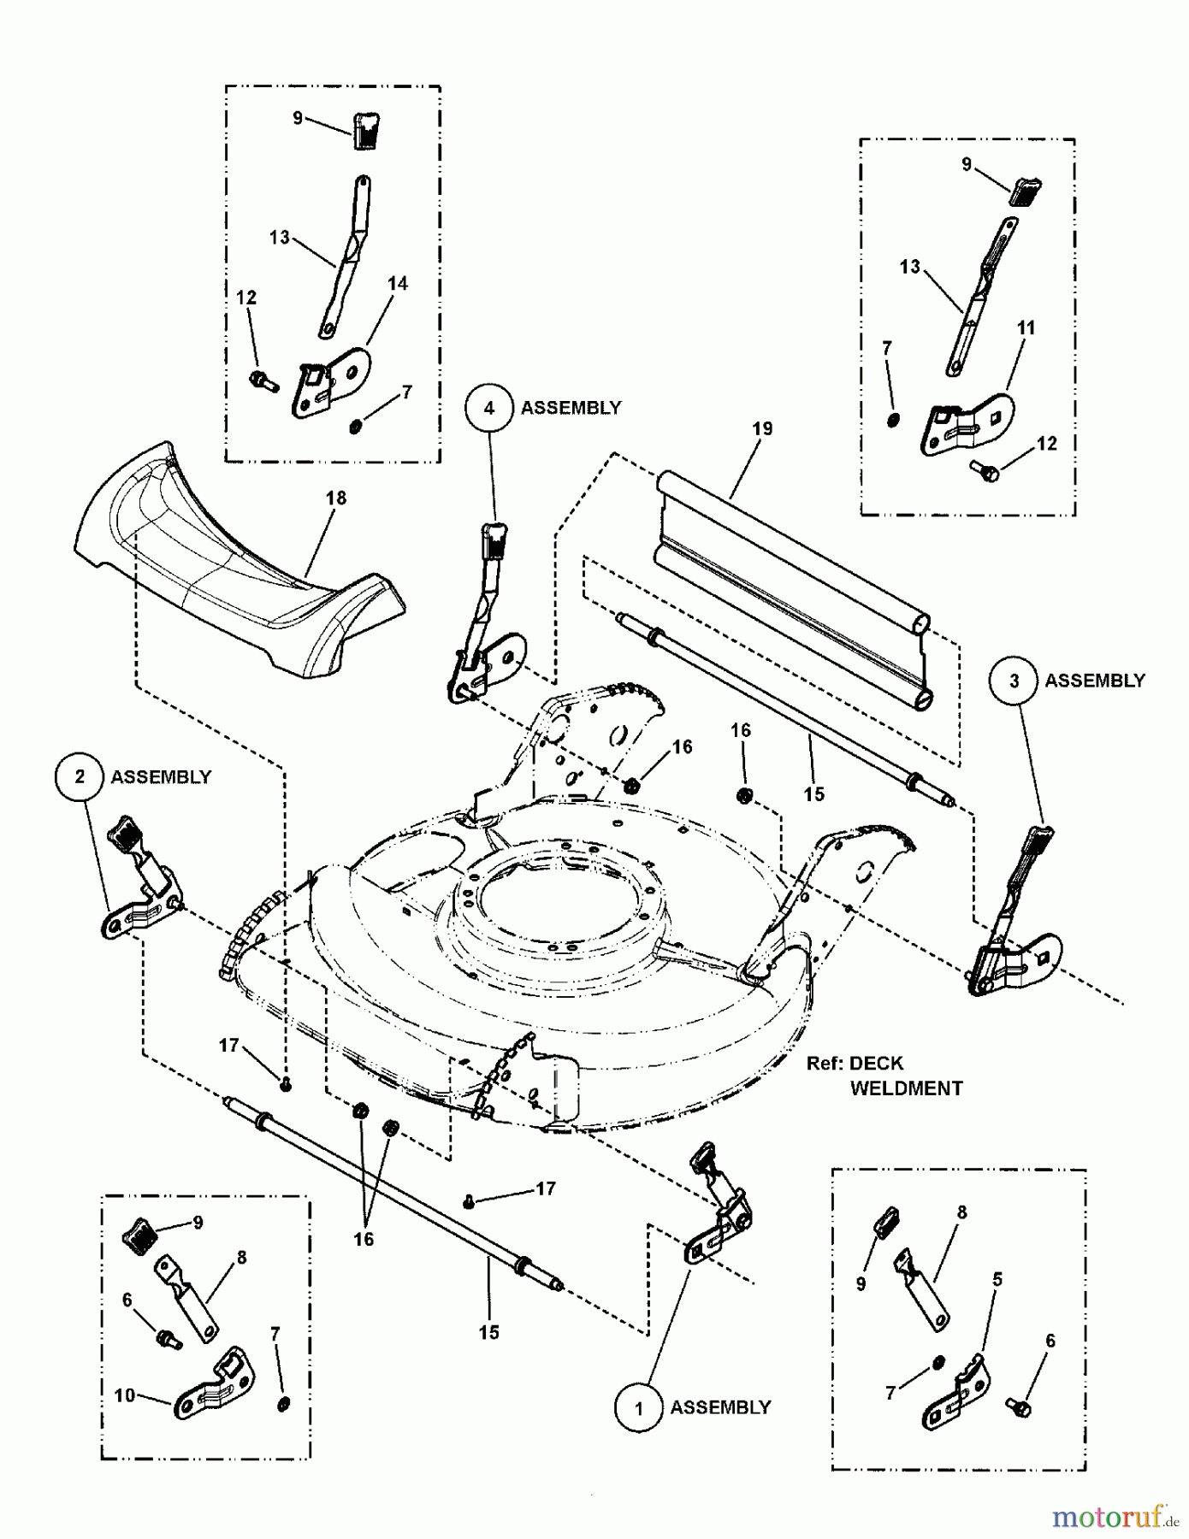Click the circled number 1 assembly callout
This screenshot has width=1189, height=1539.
(638, 1408)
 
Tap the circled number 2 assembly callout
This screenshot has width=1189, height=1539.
(80, 776)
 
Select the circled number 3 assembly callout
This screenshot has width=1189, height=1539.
(1014, 681)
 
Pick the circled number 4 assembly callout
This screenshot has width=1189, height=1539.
(489, 408)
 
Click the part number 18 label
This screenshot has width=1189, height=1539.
(336, 498)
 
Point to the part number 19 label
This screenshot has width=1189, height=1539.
(762, 428)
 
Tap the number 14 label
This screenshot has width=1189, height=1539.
(398, 283)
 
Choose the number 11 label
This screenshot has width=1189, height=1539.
(1026, 327)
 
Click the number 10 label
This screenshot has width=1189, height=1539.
(125, 1395)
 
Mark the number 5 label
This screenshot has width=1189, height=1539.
(997, 1280)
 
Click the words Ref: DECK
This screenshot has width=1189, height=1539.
(855, 1064)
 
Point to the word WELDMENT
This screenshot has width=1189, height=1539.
(906, 1088)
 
